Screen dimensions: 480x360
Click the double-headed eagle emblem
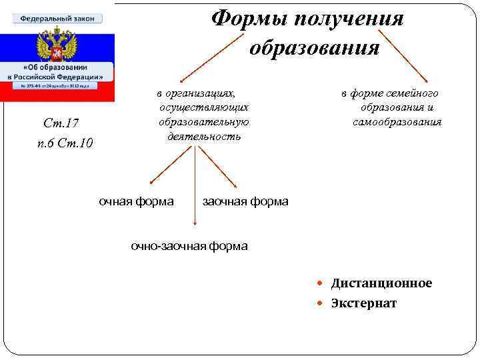57,46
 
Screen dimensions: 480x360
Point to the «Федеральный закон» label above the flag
57,18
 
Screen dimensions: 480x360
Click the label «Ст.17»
61,123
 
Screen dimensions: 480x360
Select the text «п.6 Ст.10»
65,143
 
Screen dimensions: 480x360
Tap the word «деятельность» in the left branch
203,136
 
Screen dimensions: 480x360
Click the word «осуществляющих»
204,107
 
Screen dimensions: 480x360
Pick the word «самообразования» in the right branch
397,122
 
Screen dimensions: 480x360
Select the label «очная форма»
136,201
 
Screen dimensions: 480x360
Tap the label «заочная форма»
245,201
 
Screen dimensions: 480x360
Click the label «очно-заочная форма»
189,246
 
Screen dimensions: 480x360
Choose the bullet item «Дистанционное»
381,283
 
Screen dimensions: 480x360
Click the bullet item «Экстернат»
363,303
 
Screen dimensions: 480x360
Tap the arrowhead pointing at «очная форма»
151,181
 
